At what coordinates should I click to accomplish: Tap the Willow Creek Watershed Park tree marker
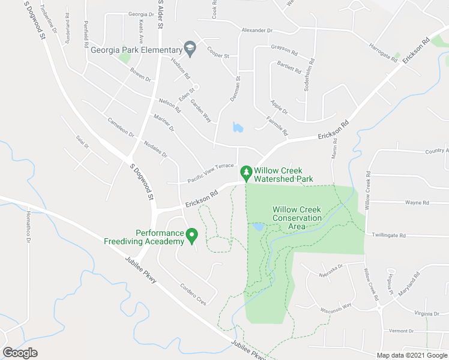click(246, 173)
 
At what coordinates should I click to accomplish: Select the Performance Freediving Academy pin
click(191, 235)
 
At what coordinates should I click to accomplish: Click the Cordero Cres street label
click(194, 294)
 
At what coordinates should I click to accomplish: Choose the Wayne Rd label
click(417, 203)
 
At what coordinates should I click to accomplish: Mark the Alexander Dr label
click(257, 30)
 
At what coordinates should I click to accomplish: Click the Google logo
click(20, 352)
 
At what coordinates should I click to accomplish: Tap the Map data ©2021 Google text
click(412, 355)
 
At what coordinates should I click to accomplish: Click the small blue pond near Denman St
click(238, 127)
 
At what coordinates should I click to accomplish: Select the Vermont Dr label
click(402, 331)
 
